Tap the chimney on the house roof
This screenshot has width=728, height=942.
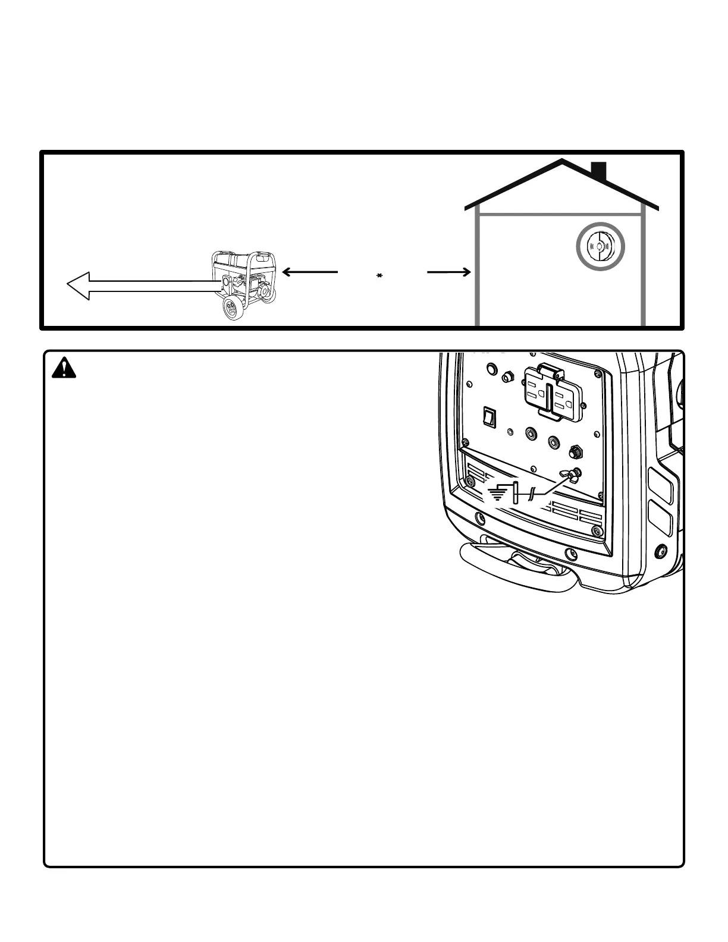click(x=598, y=171)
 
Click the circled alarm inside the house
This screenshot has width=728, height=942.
click(x=600, y=246)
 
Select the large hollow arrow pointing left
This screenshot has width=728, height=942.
click(x=143, y=286)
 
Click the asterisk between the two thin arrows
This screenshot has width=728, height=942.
click(x=379, y=275)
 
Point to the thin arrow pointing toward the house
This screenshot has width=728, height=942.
click(x=449, y=272)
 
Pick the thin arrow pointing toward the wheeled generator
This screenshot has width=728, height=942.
click(x=309, y=272)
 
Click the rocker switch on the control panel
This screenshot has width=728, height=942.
click(x=489, y=417)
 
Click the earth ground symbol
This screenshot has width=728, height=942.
click(x=497, y=492)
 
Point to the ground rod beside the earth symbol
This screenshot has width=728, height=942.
click(x=516, y=493)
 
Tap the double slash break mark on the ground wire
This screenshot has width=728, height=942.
click(x=531, y=493)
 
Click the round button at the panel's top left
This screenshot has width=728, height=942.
click(x=491, y=369)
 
